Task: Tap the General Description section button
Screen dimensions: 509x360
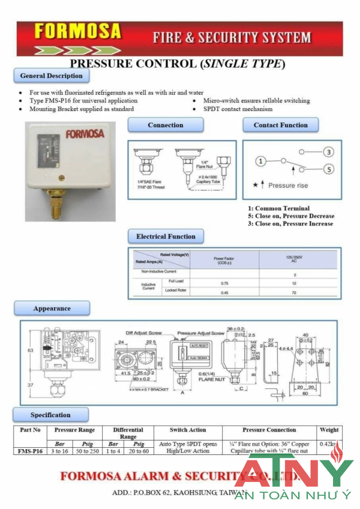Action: (51, 76)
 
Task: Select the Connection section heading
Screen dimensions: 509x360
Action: (165, 125)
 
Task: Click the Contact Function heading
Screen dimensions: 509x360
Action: (280, 125)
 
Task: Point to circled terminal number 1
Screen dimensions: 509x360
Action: (260, 161)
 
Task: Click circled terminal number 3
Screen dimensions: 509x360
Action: (328, 152)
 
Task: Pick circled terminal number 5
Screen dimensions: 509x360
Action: (328, 169)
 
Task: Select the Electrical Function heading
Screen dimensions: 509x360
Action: (166, 236)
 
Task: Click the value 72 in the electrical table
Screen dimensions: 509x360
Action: (295, 292)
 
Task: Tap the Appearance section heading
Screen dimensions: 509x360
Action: (52, 309)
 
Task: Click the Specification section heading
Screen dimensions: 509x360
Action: (50, 415)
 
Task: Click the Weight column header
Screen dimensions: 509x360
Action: (329, 430)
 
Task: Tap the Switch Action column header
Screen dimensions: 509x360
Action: (188, 430)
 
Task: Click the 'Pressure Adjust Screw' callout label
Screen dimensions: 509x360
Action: (200, 333)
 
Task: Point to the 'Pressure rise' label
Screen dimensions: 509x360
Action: (288, 185)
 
